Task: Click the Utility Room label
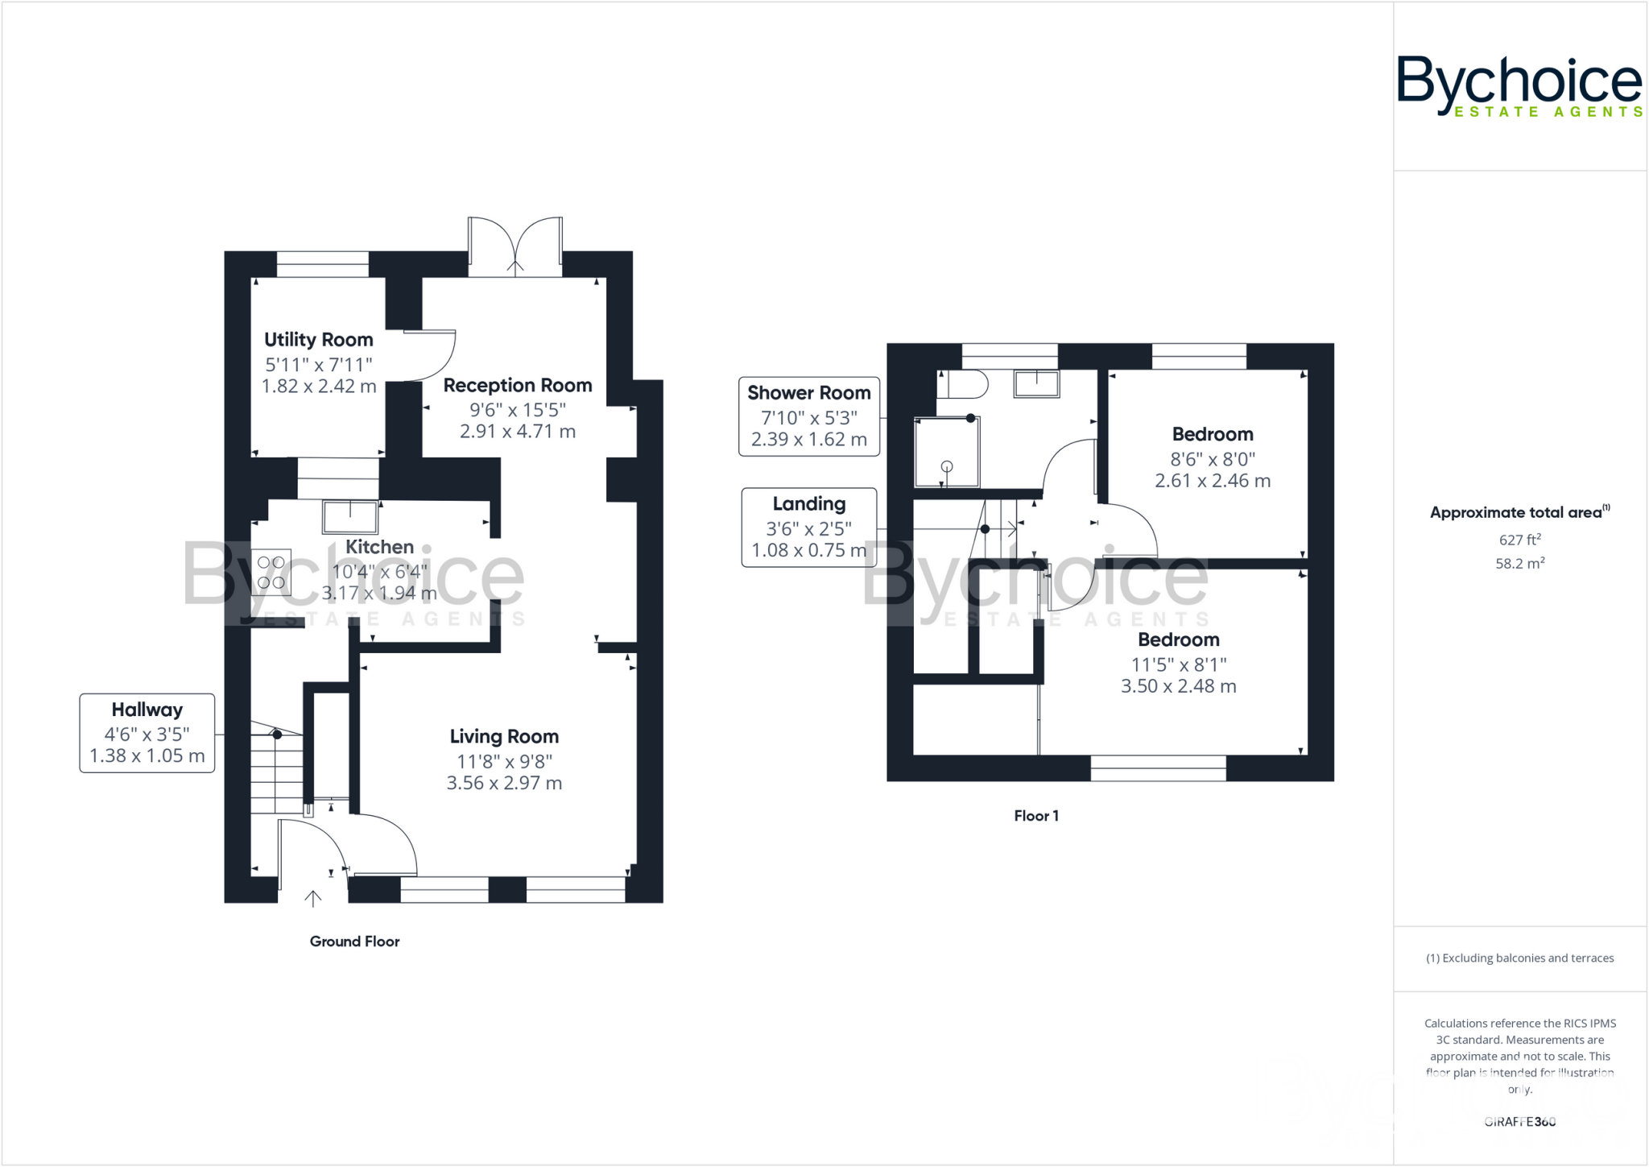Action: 318,339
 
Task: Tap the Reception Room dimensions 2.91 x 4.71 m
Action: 517,431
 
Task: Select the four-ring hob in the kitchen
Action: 271,572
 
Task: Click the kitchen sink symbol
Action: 350,516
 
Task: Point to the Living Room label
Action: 504,736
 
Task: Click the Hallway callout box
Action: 147,733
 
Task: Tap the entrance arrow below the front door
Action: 312,898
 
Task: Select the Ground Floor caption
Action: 354,941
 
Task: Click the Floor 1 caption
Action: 1035,815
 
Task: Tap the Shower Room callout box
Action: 808,416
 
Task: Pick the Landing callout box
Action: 808,528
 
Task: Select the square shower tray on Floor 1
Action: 948,453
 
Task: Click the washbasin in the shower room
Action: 1036,383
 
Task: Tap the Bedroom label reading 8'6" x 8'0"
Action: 1212,434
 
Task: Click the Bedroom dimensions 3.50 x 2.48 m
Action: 1178,686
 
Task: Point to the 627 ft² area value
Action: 1519,540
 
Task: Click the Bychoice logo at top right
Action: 1519,85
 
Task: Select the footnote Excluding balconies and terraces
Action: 1519,958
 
